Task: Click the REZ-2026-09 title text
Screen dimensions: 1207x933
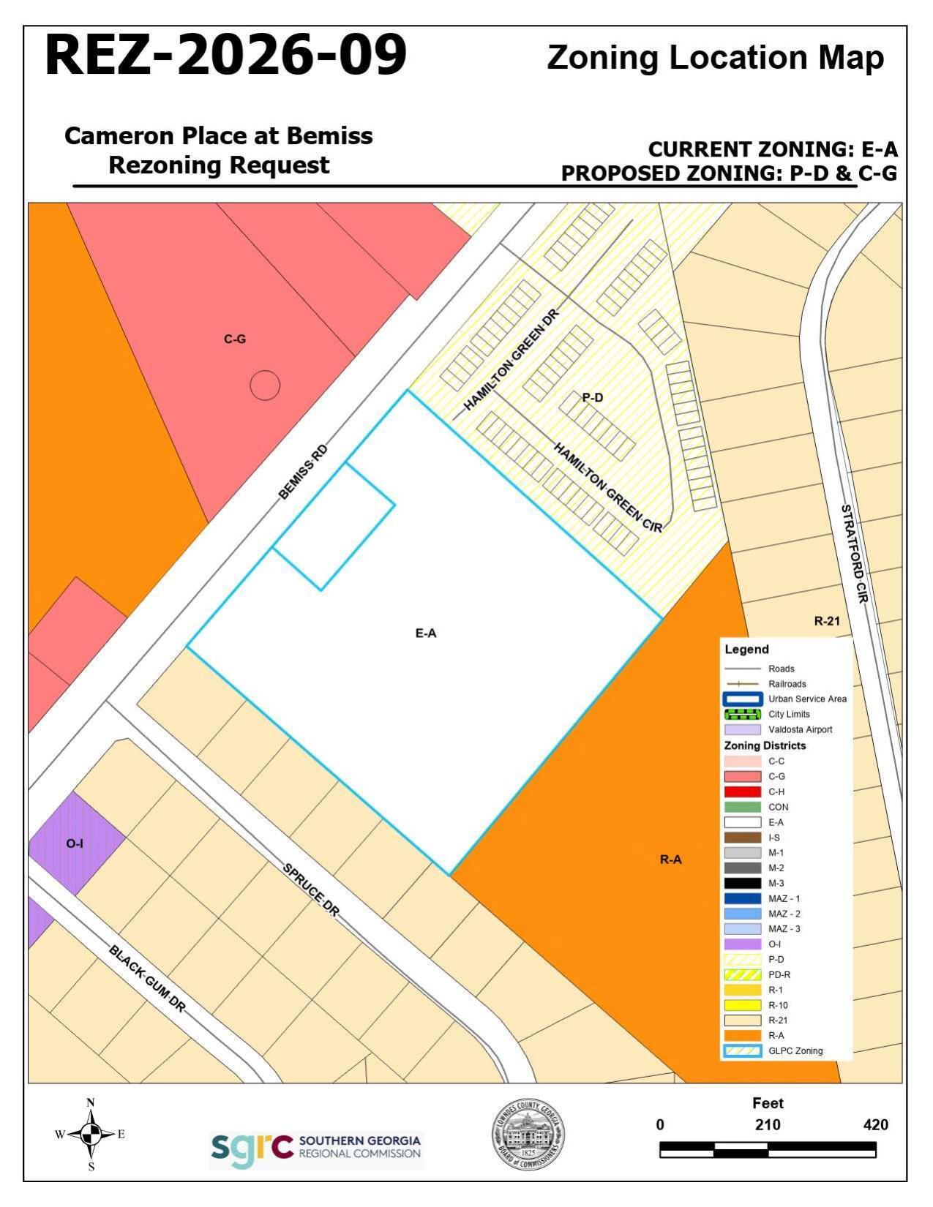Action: [225, 56]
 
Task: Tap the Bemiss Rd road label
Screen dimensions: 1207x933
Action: [303, 472]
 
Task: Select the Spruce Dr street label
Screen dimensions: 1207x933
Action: [311, 890]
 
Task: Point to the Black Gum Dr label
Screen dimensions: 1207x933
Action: [147, 979]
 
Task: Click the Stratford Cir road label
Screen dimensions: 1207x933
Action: [853, 553]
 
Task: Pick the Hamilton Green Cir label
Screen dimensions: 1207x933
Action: [607, 487]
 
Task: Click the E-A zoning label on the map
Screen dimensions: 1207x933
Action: [426, 633]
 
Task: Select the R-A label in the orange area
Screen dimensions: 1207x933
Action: [670, 860]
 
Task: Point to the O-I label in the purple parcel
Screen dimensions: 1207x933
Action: [75, 843]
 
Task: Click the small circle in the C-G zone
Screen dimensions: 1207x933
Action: [265, 385]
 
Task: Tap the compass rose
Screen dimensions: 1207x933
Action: [91, 1135]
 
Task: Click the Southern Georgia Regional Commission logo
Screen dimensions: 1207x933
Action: [316, 1151]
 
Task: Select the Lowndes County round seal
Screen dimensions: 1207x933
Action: [528, 1135]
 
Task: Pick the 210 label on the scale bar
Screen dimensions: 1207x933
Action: [768, 1125]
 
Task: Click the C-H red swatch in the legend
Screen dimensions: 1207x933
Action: [742, 791]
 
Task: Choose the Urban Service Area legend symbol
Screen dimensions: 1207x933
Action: [742, 699]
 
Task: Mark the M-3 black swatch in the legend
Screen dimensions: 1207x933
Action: [742, 883]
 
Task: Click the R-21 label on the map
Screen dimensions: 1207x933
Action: [827, 621]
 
